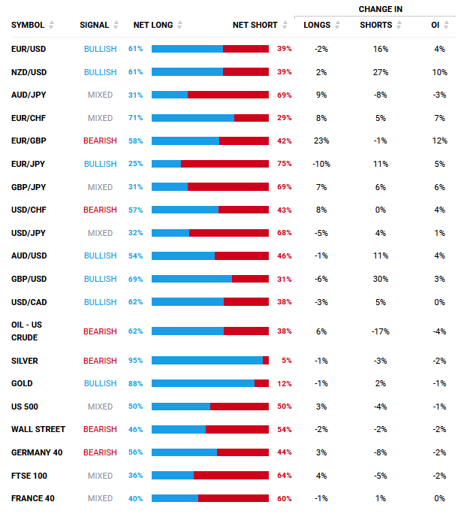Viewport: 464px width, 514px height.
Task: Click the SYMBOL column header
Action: (27, 25)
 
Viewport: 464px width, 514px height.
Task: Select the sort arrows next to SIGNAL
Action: (116, 25)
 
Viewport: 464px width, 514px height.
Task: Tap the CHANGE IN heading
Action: (381, 9)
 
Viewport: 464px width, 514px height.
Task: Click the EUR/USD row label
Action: (29, 49)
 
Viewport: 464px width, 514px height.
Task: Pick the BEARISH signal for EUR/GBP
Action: (100, 141)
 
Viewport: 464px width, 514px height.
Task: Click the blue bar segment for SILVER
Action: (206, 361)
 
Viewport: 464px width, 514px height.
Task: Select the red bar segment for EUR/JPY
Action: (224, 164)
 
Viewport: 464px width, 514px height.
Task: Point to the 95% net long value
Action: (135, 361)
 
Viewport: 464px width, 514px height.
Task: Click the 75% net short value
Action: (285, 164)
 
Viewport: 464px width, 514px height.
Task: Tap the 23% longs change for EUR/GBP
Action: (321, 141)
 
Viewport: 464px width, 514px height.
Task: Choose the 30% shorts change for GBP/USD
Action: (380, 279)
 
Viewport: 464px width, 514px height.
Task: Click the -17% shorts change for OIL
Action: (380, 331)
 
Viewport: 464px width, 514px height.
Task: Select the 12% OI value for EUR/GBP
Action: (439, 141)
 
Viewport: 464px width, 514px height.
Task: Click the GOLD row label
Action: (22, 383)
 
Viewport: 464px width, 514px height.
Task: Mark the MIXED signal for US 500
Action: (100, 407)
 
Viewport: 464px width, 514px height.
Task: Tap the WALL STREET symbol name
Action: (38, 429)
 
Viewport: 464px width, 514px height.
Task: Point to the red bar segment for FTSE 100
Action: (230, 476)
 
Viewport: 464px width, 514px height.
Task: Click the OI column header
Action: (435, 25)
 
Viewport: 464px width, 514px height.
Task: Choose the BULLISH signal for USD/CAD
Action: (100, 302)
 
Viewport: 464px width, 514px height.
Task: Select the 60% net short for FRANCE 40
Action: (285, 498)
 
